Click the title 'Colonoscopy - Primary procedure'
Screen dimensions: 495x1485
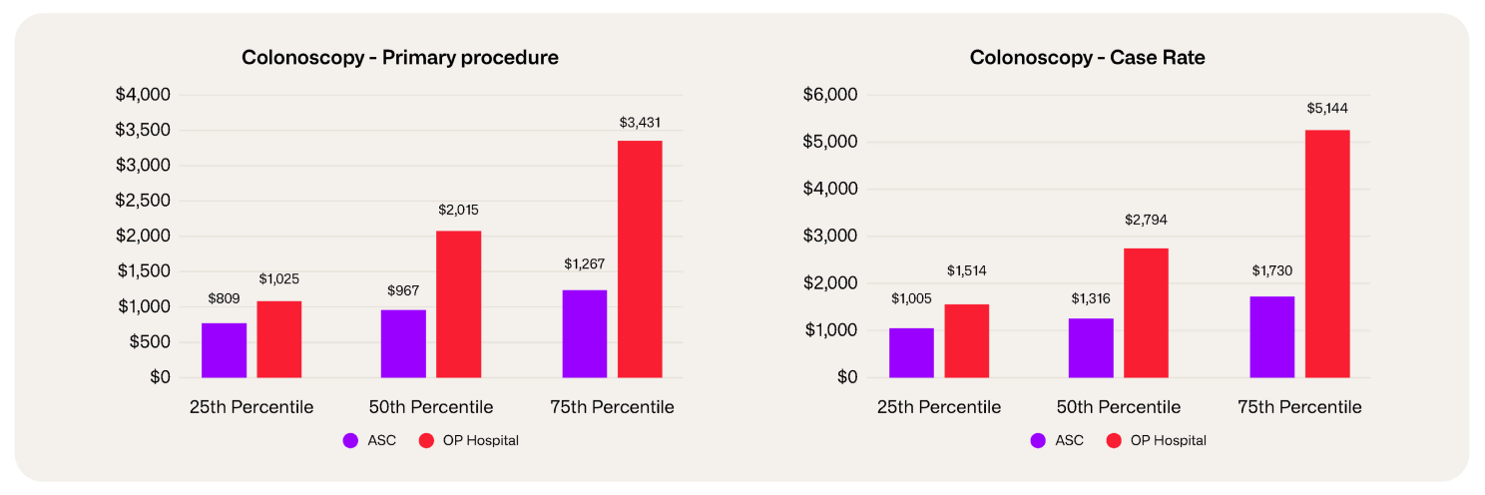point(399,58)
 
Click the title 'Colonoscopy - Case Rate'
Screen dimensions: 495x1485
point(1087,58)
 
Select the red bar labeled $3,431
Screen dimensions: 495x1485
point(640,259)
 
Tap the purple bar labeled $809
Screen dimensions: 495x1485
point(224,350)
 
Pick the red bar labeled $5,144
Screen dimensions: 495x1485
point(1327,254)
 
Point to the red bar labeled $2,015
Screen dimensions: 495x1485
point(459,304)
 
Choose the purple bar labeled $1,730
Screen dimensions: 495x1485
point(1271,337)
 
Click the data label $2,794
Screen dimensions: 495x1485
point(1147,218)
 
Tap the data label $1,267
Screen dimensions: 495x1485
point(584,263)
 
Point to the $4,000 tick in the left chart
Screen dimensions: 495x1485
point(144,95)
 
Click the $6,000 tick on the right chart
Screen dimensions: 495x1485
point(831,95)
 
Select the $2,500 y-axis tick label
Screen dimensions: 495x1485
point(144,201)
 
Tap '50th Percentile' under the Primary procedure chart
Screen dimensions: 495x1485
point(431,407)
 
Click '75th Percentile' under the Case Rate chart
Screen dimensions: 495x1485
point(1299,407)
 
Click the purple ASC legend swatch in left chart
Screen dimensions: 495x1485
point(350,440)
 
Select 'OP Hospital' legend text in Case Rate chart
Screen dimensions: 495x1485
point(1168,440)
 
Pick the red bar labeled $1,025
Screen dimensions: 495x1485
point(278,339)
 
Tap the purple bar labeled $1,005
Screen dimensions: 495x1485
point(911,353)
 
